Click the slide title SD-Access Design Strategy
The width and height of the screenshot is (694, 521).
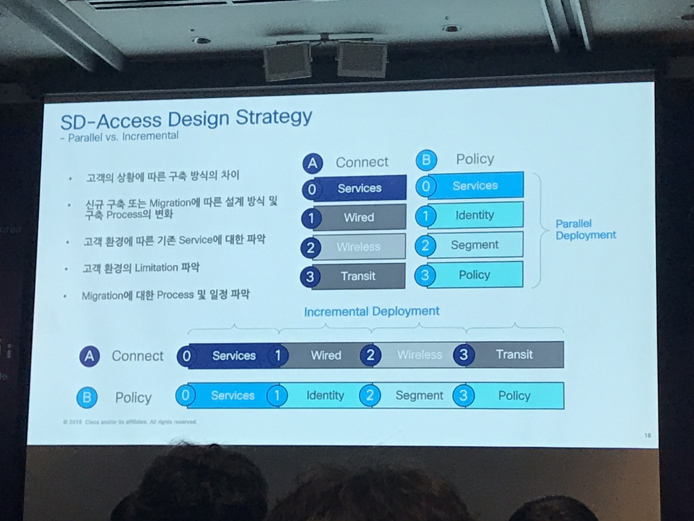click(x=186, y=118)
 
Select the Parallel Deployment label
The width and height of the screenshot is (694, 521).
click(x=585, y=229)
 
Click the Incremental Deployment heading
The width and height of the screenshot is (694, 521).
click(x=371, y=311)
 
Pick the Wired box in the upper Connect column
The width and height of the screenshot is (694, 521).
click(x=359, y=217)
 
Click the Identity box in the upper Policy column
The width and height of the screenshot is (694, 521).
click(x=475, y=215)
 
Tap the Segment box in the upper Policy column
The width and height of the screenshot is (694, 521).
click(x=475, y=245)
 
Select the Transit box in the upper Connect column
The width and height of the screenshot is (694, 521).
click(x=358, y=276)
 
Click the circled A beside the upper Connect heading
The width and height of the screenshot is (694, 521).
click(x=313, y=163)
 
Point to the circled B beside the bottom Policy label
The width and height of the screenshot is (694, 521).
click(x=87, y=397)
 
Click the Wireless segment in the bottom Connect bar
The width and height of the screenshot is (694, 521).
click(x=419, y=355)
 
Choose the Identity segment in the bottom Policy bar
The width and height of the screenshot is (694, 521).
click(x=325, y=395)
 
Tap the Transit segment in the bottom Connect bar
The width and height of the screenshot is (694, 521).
click(x=514, y=354)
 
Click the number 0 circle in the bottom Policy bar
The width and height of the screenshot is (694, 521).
click(x=185, y=395)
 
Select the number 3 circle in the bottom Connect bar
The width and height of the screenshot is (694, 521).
click(x=464, y=355)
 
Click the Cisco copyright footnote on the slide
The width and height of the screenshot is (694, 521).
click(x=129, y=422)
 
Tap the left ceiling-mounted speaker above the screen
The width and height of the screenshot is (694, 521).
click(x=287, y=60)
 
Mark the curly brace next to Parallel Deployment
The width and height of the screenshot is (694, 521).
click(x=539, y=229)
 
